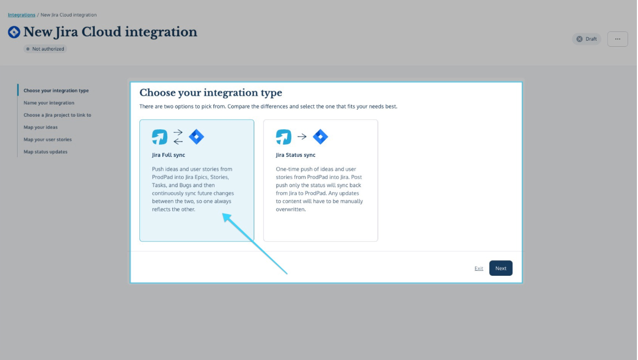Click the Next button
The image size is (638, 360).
coord(500,268)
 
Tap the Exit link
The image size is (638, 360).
coord(478,269)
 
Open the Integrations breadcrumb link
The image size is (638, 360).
coord(21,15)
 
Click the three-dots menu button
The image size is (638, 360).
coord(617,39)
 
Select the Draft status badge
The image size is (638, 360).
coord(586,39)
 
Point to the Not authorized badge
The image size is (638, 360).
coord(45,49)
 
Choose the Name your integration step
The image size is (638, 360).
coord(49,103)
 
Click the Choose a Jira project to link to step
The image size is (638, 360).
coord(57,115)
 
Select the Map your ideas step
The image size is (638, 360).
coord(41,127)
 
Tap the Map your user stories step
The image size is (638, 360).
coord(47,139)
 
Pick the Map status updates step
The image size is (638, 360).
coord(46,152)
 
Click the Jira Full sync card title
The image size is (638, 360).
coord(168,155)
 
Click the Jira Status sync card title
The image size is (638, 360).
coord(296,155)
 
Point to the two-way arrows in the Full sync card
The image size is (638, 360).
coord(178,137)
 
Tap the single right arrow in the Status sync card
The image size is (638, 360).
coord(302,137)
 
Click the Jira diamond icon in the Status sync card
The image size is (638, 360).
coord(320,137)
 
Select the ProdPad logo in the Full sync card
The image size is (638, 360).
coord(160,137)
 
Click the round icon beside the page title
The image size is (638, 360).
coord(14,32)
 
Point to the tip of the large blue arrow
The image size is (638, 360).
coord(222,214)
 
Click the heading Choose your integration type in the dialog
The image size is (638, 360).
coord(211,92)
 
